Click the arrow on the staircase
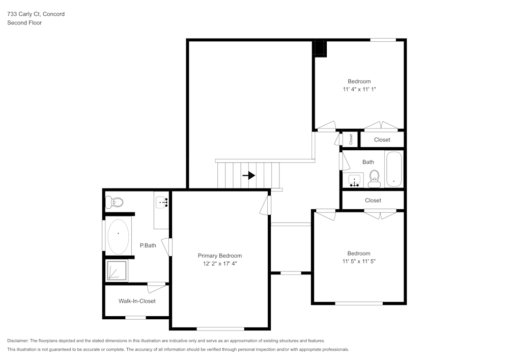[x=249, y=176]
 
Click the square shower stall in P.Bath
[x=117, y=270]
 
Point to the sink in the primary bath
[x=162, y=203]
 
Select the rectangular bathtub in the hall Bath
[x=393, y=170]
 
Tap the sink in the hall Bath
[x=355, y=180]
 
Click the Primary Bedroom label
[x=219, y=256]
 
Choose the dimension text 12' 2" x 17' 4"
[x=219, y=264]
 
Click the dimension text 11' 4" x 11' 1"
[x=359, y=89]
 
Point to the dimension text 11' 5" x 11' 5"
[x=359, y=261]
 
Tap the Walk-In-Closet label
[x=137, y=301]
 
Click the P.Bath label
[x=148, y=245]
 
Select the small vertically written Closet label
[x=351, y=139]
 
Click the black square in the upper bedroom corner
[x=319, y=48]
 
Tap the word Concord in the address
[x=53, y=14]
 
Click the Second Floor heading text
[x=24, y=23]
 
